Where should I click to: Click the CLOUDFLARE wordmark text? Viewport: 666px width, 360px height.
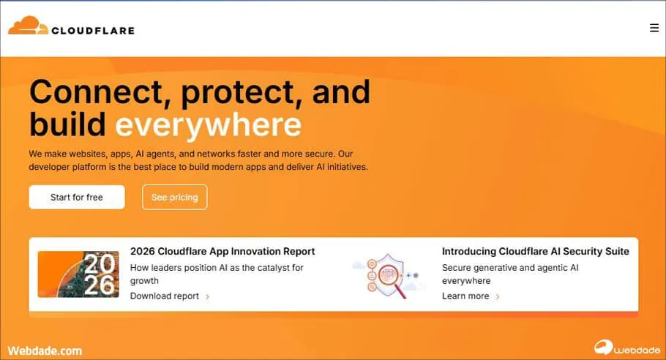[x=93, y=31]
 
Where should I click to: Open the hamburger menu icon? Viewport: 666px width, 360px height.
[x=654, y=28]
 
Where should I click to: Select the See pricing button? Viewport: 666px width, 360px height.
[x=175, y=197]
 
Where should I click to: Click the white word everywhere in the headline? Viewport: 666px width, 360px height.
[x=208, y=124]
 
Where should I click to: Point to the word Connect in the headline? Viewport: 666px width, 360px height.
[x=100, y=91]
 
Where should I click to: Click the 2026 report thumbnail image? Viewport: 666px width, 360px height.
[x=78, y=274]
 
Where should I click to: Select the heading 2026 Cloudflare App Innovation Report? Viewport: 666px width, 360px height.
[x=222, y=251]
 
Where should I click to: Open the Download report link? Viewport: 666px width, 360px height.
[x=165, y=296]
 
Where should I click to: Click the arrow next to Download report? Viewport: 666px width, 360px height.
[x=207, y=297]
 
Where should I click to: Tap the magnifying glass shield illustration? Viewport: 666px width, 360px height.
[x=387, y=276]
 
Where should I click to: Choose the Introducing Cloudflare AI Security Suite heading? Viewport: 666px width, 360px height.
[x=535, y=251]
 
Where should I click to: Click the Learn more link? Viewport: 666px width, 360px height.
[x=465, y=296]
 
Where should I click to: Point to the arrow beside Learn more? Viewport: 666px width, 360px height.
[x=498, y=297]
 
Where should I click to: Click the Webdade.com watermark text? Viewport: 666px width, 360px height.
[x=45, y=351]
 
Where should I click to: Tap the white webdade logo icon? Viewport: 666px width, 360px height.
[x=603, y=348]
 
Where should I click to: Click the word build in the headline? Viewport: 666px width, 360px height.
[x=67, y=124]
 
